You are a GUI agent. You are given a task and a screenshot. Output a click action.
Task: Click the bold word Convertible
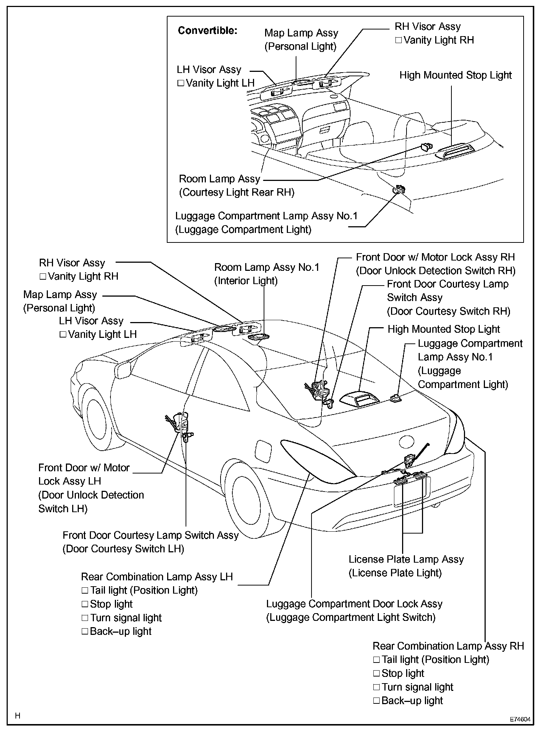point(207,31)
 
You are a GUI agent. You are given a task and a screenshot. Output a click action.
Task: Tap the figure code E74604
point(520,719)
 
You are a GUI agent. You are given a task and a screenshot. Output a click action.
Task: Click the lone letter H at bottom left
point(18,716)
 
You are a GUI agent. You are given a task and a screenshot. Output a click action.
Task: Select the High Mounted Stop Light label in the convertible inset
point(455,75)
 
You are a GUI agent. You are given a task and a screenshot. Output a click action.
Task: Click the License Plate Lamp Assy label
point(406,559)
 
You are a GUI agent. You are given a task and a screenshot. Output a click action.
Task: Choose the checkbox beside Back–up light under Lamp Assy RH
point(376,701)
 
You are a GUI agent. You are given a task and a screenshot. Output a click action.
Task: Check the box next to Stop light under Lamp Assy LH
point(85,604)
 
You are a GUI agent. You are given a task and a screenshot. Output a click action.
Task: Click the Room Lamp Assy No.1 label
point(267,267)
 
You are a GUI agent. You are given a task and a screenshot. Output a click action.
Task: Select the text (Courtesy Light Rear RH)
point(237,193)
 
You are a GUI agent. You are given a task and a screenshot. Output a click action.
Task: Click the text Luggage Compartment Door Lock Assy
point(354,604)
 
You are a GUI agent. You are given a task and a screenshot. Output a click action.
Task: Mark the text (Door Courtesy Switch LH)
point(123,549)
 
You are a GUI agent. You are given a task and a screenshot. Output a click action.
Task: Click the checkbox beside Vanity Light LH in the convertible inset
point(181,83)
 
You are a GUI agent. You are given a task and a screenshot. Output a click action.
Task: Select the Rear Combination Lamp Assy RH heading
point(448,646)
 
